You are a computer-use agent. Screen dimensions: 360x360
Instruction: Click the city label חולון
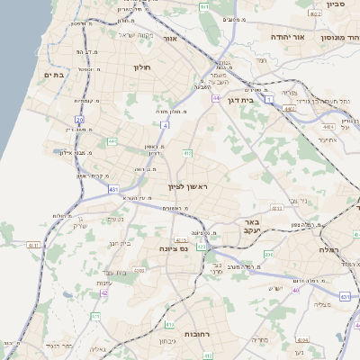pyautogui.click(x=143, y=67)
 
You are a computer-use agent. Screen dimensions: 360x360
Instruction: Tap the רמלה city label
pyautogui.click(x=327, y=249)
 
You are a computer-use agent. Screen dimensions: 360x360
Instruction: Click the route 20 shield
pyautogui.click(x=79, y=119)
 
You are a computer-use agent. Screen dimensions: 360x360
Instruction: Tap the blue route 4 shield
pyautogui.click(x=165, y=125)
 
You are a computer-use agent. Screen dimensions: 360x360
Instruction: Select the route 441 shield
pyautogui.click(x=112, y=141)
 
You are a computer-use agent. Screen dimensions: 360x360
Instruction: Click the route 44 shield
pyautogui.click(x=216, y=98)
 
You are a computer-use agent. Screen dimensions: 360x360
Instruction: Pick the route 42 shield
pyautogui.click(x=104, y=292)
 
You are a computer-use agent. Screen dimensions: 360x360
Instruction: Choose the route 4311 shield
pyautogui.click(x=33, y=245)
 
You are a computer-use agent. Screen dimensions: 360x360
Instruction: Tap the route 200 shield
pyautogui.click(x=269, y=256)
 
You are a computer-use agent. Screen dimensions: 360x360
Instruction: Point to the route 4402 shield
pyautogui.click(x=289, y=109)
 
